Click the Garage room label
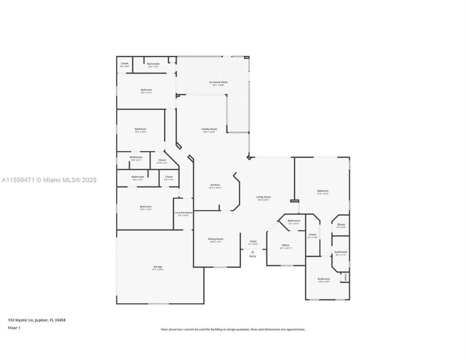[x=158, y=266]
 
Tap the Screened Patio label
[x=218, y=82]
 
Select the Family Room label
[x=209, y=129]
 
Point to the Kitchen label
[x=215, y=185]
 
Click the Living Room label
[x=263, y=197]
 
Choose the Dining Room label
[x=216, y=239]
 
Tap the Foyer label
[x=253, y=241]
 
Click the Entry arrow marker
[x=253, y=252]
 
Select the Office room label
[x=285, y=245]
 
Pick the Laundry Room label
[x=183, y=213]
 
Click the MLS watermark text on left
[x=49, y=180]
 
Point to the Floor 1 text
[x=14, y=328]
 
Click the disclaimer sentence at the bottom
[x=233, y=329]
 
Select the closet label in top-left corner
[x=125, y=64]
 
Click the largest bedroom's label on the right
[x=323, y=191]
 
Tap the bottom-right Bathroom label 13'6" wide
[x=324, y=279]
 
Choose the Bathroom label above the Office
[x=294, y=221]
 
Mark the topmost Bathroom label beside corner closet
[x=153, y=64]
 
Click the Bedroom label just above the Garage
[x=146, y=207]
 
